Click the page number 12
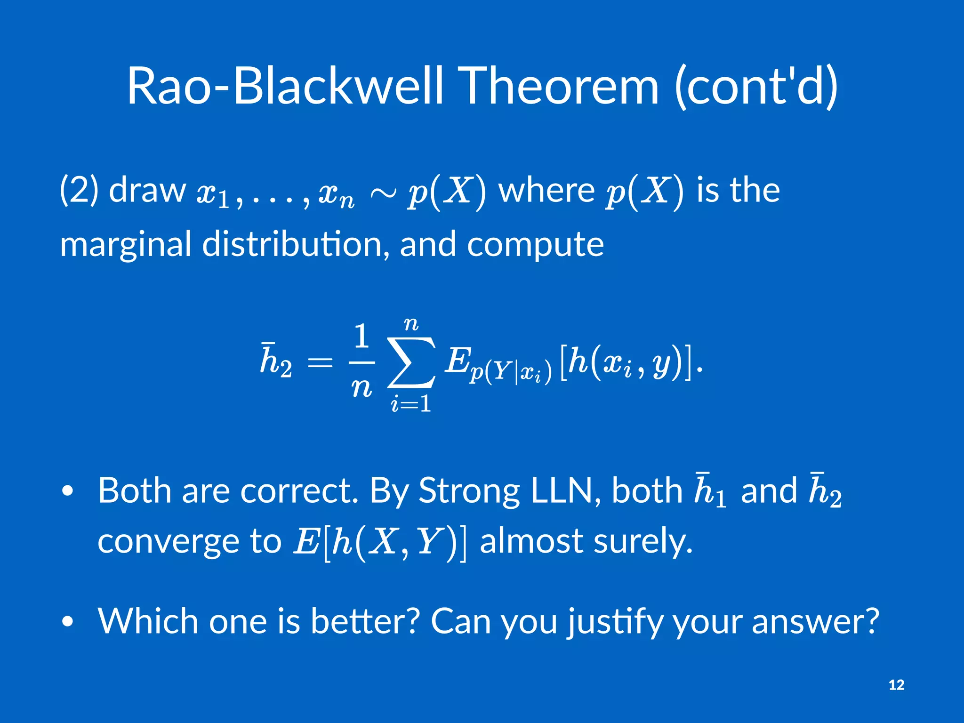pyautogui.click(x=896, y=685)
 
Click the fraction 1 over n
pyautogui.click(x=361, y=362)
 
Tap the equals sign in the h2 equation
pyautogui.click(x=320, y=363)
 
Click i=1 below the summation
pyautogui.click(x=411, y=404)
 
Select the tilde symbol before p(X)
pyautogui.click(x=383, y=193)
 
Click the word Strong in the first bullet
pyautogui.click(x=469, y=491)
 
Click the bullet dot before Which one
pyautogui.click(x=68, y=622)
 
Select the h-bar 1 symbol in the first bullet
pyautogui.click(x=710, y=491)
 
